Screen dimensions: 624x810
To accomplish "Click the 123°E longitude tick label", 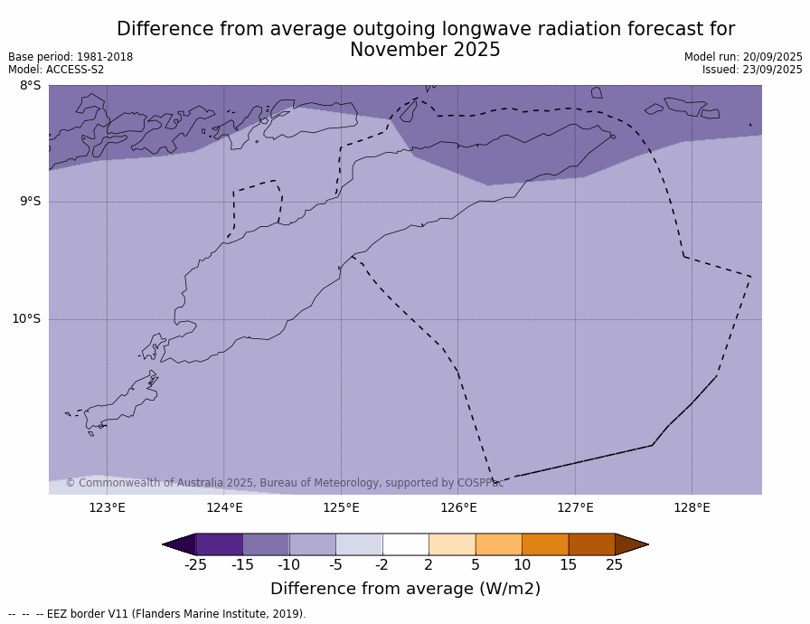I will click(x=107, y=507).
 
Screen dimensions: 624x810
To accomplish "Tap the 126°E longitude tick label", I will click(x=458, y=507).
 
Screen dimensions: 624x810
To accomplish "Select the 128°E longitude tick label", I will click(x=692, y=507).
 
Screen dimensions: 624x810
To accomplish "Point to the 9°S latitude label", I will click(x=30, y=202).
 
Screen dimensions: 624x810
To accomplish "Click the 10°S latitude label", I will click(x=26, y=318).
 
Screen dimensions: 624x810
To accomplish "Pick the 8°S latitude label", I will click(x=30, y=86).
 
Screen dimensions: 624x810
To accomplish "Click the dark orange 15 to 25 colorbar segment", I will click(x=591, y=544).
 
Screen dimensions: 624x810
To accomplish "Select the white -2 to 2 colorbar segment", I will click(x=405, y=544).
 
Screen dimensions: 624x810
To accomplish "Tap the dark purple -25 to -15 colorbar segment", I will click(x=219, y=544).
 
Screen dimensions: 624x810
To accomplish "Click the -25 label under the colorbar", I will click(x=195, y=565).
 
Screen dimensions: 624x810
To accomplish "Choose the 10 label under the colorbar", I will click(x=522, y=565).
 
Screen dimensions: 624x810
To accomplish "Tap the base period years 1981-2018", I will click(x=103, y=57).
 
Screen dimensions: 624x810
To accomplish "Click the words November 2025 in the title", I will click(x=425, y=51).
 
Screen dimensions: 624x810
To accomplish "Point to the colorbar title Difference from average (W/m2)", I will click(x=405, y=589).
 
